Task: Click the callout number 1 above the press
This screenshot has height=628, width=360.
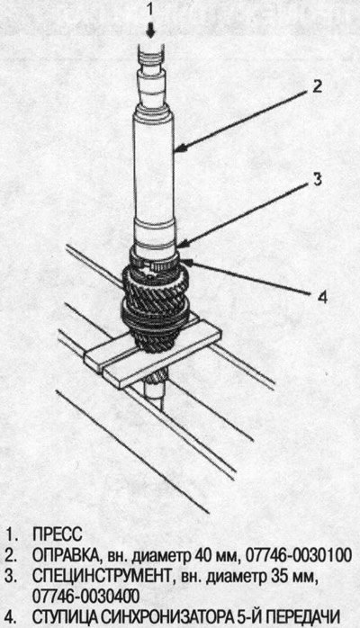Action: pos(150,9)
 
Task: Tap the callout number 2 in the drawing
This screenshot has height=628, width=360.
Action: pos(317,86)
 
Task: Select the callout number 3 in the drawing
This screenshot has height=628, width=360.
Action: pos(317,180)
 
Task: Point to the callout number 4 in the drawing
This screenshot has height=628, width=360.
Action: pos(323,297)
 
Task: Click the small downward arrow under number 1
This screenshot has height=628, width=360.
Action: pos(151,31)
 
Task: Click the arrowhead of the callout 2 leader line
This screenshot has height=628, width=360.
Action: pos(180,150)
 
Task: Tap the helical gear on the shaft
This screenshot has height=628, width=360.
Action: pos(154,304)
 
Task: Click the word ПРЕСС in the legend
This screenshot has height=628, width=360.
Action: pos(58,534)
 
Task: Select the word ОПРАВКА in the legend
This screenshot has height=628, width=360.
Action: pos(66,556)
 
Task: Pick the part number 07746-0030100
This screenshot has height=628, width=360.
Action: pos(299,555)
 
